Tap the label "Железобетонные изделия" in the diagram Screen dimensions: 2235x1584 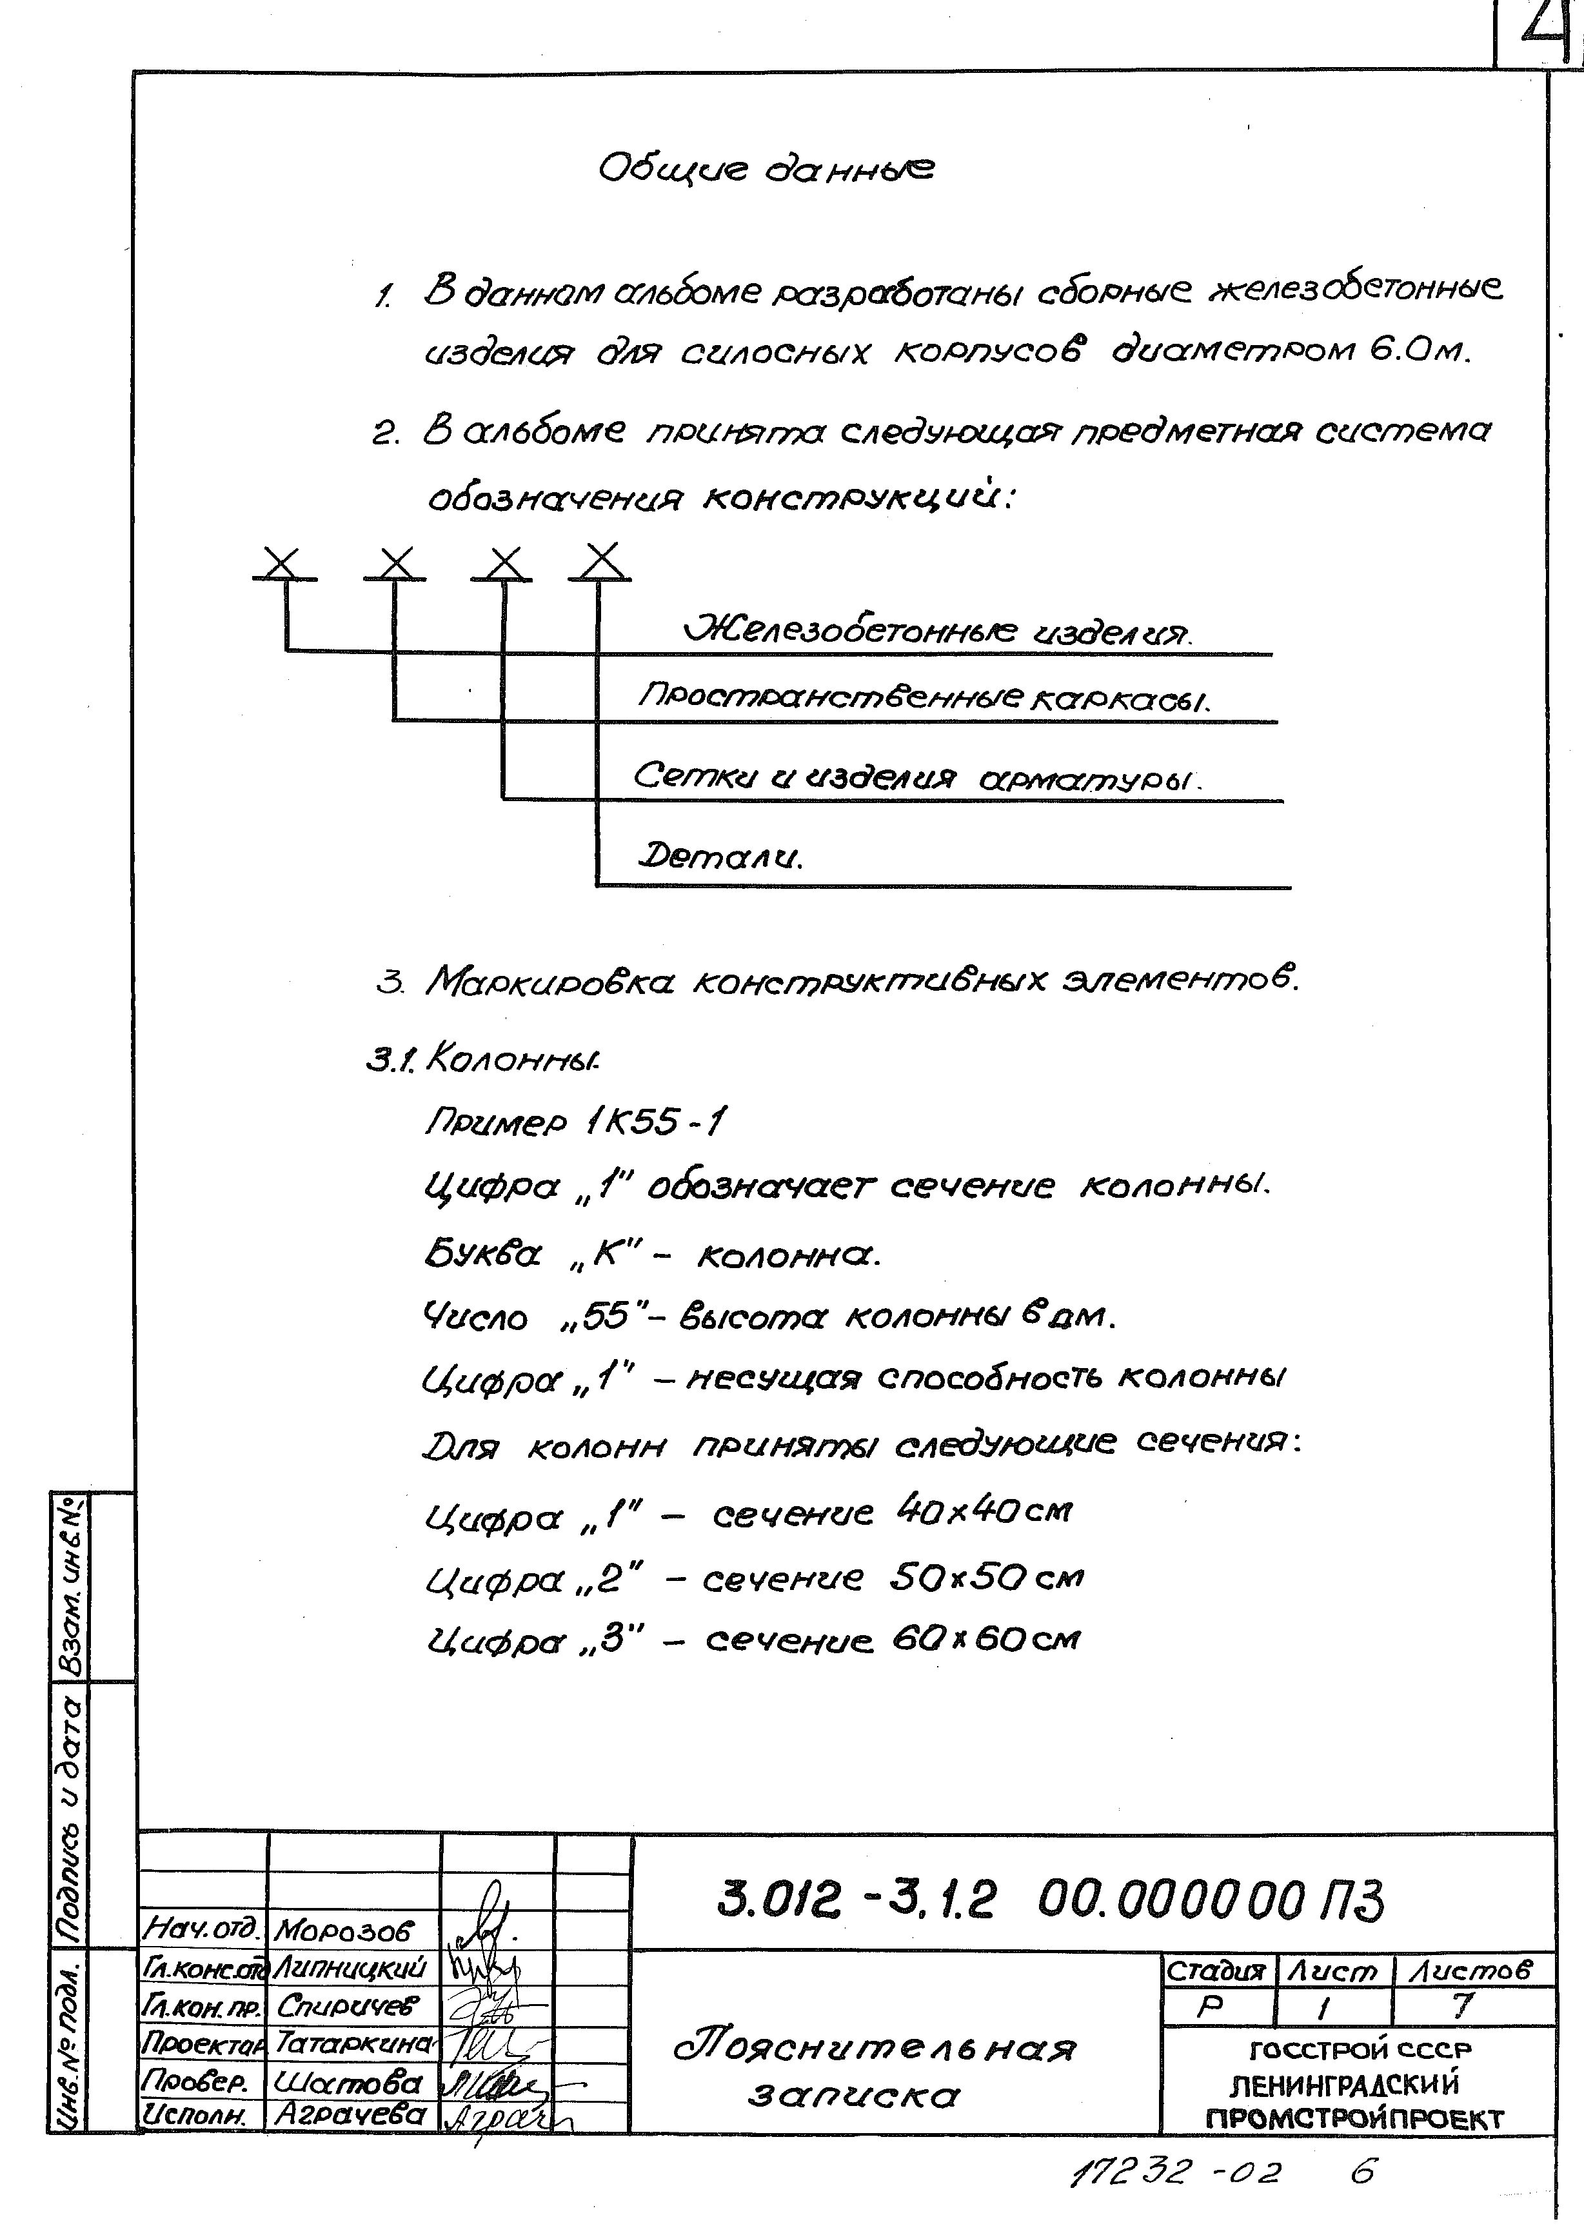(x=937, y=631)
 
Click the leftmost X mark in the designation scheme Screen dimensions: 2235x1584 (x=283, y=563)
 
